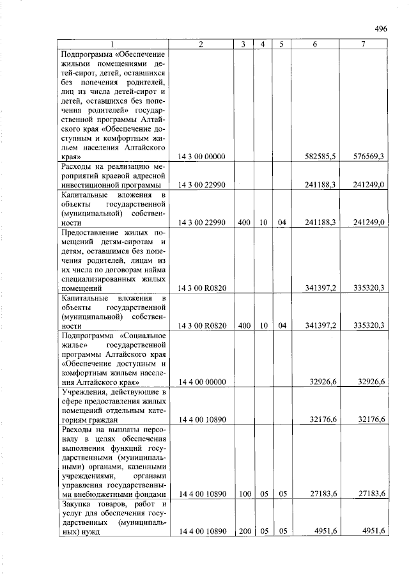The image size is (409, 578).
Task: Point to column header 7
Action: click(x=363, y=44)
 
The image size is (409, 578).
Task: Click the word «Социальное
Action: click(x=143, y=335)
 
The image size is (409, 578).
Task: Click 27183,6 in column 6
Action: click(x=324, y=494)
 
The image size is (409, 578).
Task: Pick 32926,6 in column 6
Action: click(x=324, y=382)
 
